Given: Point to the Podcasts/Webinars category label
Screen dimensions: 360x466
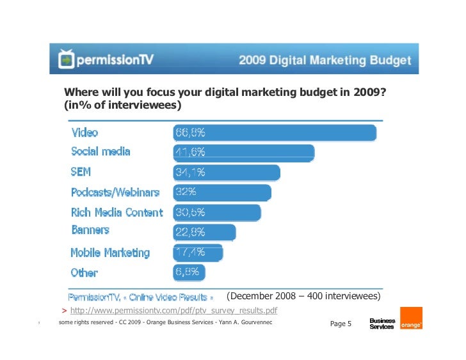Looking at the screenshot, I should [x=115, y=192].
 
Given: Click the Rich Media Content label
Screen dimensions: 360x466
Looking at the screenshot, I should [x=116, y=212].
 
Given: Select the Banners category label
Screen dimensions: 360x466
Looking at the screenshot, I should [x=90, y=230].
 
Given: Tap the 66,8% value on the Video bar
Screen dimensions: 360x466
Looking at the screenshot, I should [x=190, y=133].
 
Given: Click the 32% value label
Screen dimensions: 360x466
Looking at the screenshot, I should [x=186, y=192].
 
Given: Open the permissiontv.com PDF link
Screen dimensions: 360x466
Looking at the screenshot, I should [x=173, y=311].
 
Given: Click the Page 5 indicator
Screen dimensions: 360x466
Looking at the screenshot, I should [x=341, y=324].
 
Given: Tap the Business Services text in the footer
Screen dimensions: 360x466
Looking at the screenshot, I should [x=382, y=324].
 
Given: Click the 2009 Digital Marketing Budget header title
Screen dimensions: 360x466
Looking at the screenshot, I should [x=325, y=61].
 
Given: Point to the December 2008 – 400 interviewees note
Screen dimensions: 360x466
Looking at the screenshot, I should [x=304, y=297].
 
